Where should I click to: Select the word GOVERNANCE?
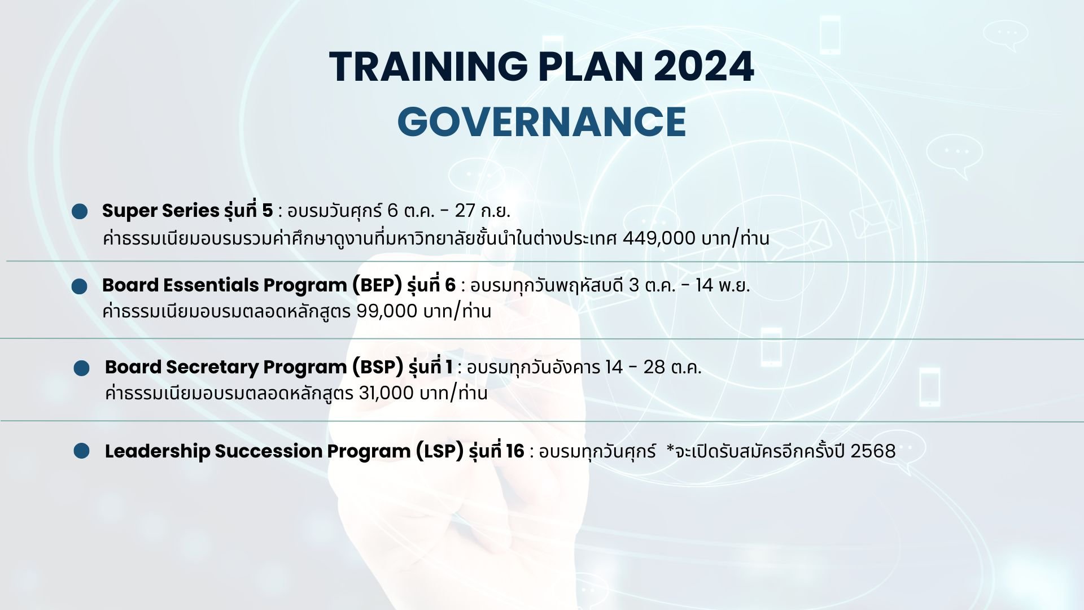[541, 121]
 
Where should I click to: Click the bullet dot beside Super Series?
[80, 212]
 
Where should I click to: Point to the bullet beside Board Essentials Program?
[80, 286]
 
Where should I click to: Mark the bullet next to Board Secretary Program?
[81, 368]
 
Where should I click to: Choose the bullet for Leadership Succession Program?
[81, 451]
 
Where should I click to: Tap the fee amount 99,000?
[387, 311]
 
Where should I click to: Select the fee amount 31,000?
[386, 393]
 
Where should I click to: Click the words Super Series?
[160, 211]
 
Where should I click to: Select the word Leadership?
[157, 451]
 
